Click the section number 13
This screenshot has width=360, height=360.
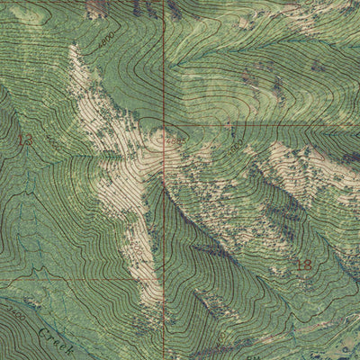(24, 139)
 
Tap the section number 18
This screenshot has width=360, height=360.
(305, 264)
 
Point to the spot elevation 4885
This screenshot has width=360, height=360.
(175, 140)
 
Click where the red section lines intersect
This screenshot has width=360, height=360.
(163, 120)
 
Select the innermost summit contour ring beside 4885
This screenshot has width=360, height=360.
(163, 139)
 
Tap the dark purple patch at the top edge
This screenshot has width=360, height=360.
(95, 7)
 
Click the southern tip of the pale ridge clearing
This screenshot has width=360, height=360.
(155, 301)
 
